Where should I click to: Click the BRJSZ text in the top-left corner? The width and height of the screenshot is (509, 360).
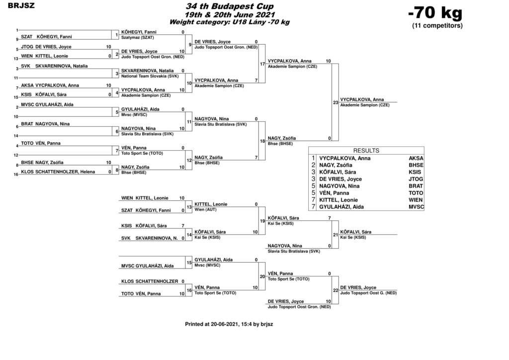point(21,5)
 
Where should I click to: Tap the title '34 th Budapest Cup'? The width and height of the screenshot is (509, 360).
point(230,6)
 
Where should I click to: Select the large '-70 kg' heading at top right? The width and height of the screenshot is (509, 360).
point(435,13)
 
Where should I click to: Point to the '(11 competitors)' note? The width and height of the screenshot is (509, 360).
point(437,26)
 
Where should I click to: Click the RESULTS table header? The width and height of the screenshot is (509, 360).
point(366,151)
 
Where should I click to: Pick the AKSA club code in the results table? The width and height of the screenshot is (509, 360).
point(416,159)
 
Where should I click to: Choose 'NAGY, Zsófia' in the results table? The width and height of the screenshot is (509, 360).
point(336,165)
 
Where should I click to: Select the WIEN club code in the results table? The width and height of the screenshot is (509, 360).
point(416,200)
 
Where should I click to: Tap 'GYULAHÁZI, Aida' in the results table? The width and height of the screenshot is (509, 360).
point(341,207)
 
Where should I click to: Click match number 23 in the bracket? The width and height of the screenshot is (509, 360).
point(336,102)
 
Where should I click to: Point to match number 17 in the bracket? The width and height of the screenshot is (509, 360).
point(262,64)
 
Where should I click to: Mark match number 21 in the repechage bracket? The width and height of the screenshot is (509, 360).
point(336,235)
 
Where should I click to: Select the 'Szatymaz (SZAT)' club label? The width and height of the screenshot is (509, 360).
point(138,38)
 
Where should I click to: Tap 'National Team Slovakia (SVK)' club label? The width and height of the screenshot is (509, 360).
point(150,76)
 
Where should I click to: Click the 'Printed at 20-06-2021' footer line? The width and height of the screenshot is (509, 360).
point(229,324)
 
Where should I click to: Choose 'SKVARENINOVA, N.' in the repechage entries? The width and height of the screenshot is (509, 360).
point(157,238)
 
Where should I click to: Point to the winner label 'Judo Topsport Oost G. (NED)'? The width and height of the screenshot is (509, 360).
point(368,293)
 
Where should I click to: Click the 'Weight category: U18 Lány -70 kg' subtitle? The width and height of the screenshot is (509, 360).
point(230,22)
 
